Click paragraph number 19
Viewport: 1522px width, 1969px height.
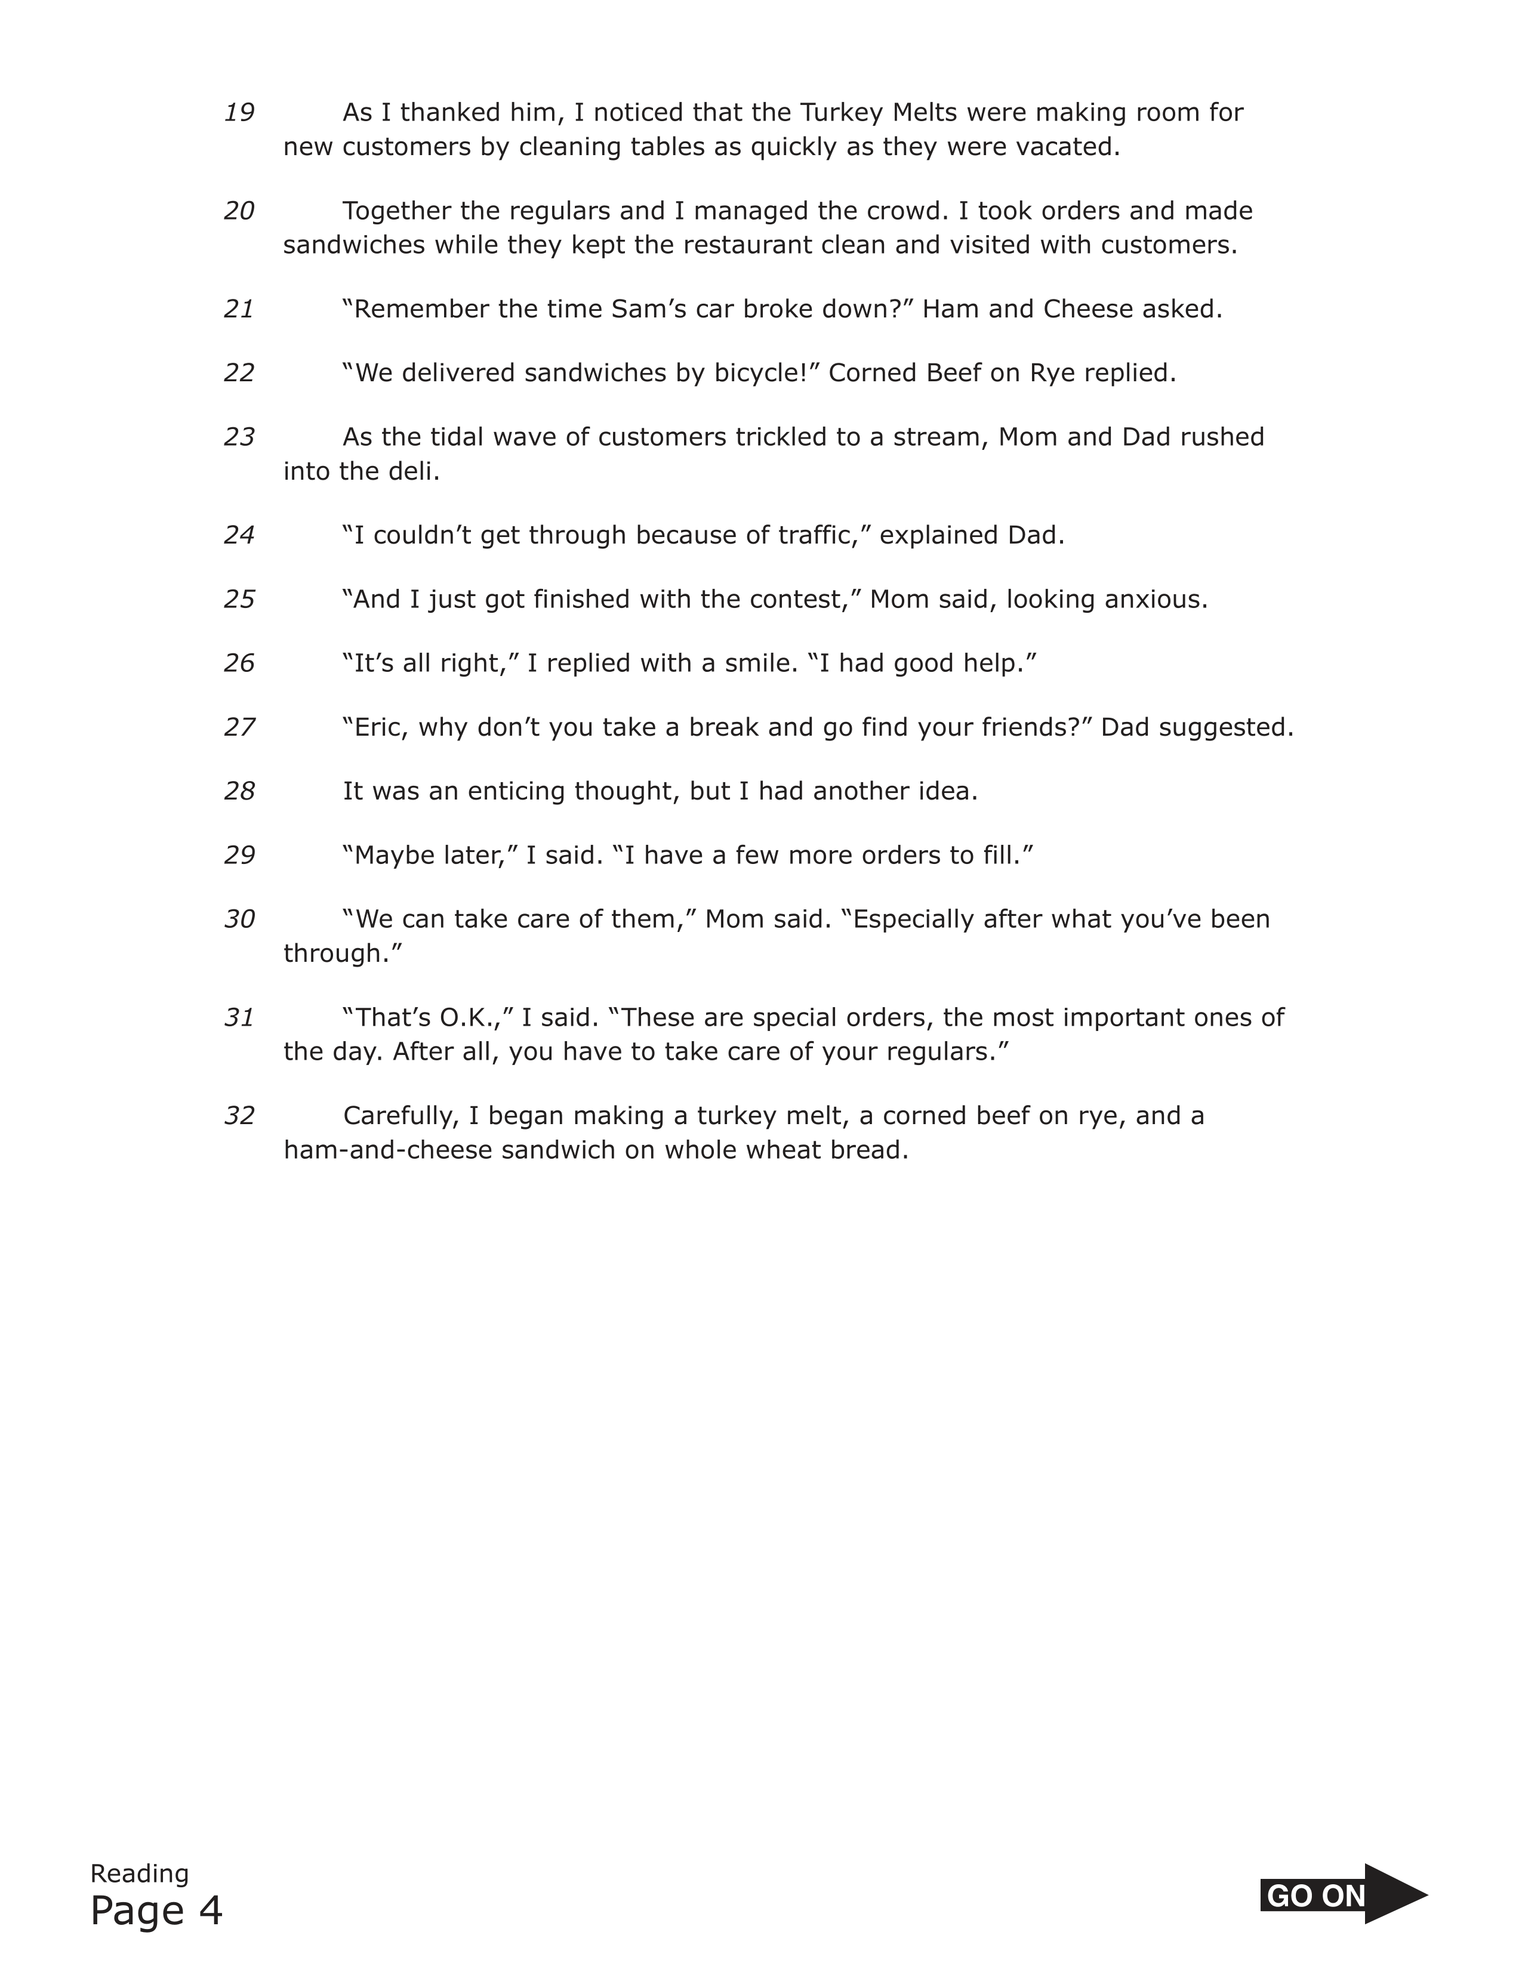[x=239, y=113]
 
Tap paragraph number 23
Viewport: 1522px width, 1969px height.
[x=239, y=437]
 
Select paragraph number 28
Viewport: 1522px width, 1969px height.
[x=239, y=792]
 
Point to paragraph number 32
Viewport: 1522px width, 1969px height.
[x=239, y=1116]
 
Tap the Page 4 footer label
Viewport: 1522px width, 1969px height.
[x=156, y=1911]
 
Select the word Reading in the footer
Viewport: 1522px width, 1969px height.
[x=140, y=1874]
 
